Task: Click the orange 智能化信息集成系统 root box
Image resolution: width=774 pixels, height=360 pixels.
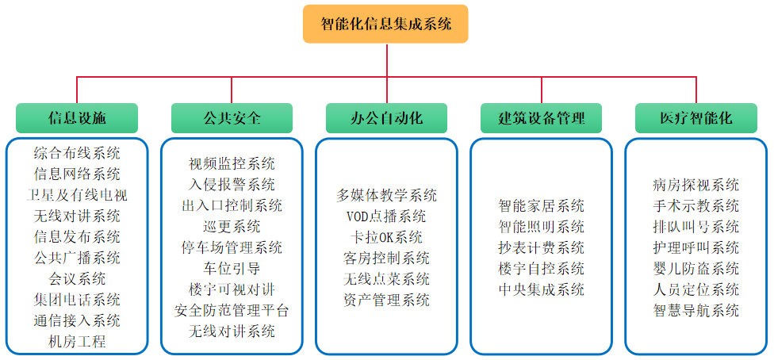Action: point(385,24)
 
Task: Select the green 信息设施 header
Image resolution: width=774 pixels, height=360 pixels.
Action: point(77,118)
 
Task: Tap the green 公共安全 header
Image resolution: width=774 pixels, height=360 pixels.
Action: point(232,118)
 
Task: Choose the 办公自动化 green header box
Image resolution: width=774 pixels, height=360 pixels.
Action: point(386,118)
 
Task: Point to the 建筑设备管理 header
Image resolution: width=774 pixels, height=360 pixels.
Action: point(542,118)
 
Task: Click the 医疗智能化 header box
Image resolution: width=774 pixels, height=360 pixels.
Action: point(696,118)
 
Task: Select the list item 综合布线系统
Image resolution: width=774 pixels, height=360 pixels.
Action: point(77,153)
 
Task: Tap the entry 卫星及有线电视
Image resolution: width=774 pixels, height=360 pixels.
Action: point(77,195)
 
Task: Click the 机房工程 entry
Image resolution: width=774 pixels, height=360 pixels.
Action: point(77,341)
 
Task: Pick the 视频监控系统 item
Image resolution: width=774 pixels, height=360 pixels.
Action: point(232,163)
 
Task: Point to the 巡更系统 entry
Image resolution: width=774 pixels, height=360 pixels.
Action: point(232,227)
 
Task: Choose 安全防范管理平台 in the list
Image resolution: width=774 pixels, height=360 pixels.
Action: point(232,311)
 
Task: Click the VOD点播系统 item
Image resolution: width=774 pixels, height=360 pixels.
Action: point(386,216)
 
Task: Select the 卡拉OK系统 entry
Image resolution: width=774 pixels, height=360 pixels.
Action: point(386,237)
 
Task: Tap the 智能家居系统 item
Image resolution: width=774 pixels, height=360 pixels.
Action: point(542,205)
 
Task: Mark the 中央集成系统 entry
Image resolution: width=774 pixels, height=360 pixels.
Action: point(542,289)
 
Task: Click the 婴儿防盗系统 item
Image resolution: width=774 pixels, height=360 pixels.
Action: point(696,269)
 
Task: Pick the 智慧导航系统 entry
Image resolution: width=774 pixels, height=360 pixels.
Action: point(696,311)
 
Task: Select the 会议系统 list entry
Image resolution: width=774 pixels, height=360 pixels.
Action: point(77,278)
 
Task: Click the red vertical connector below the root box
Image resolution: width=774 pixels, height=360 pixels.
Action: point(386,60)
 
